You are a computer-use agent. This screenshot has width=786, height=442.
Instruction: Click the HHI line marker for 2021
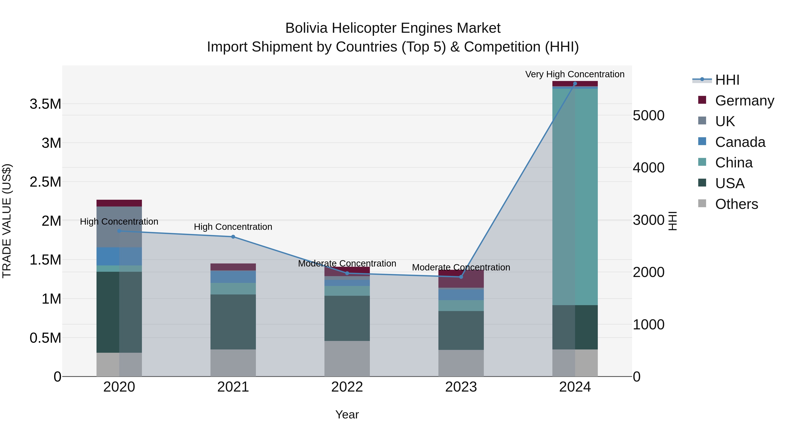tap(233, 237)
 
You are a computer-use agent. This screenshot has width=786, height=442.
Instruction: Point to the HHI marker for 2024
tap(575, 84)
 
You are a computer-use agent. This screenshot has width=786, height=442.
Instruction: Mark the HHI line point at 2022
tap(347, 273)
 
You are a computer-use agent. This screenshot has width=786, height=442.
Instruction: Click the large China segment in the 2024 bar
tap(575, 197)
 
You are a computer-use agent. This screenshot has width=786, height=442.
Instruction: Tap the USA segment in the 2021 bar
tap(233, 322)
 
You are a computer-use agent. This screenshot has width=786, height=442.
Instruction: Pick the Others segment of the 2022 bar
tap(347, 358)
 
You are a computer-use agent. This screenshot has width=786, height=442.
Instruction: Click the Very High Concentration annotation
tap(575, 74)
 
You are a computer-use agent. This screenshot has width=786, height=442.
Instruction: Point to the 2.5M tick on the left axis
tap(45, 182)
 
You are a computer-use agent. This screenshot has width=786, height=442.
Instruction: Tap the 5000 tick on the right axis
tap(648, 116)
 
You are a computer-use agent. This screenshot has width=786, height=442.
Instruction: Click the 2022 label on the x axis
tap(347, 387)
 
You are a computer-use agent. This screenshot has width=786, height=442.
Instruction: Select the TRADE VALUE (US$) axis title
tap(7, 221)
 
